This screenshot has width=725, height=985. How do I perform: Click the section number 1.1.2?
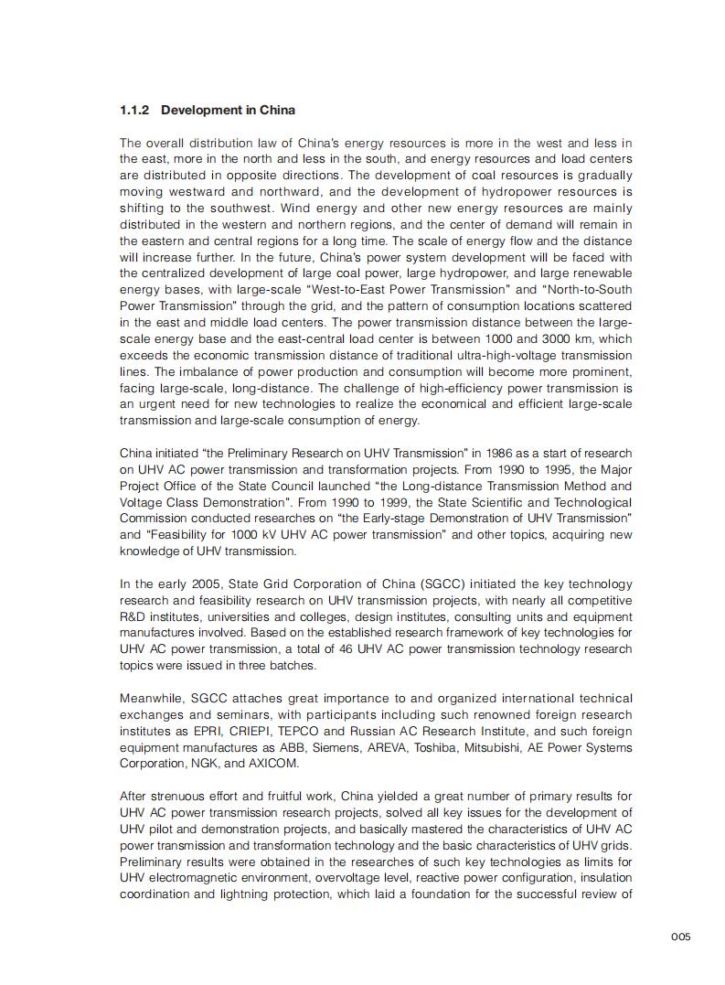(134, 110)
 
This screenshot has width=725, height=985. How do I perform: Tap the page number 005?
(680, 936)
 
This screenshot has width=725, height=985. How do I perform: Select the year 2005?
(208, 584)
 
